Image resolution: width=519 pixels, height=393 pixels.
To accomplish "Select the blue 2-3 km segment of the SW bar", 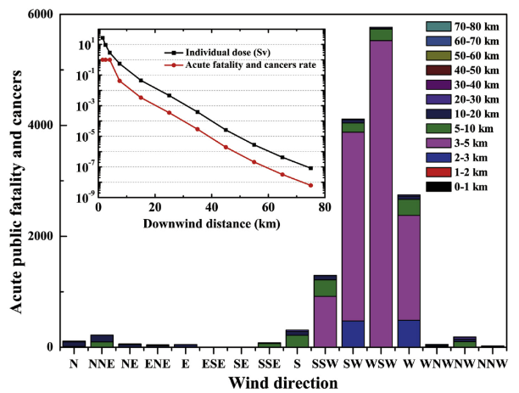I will tap(352, 333).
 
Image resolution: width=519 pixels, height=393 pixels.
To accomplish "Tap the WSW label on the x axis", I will tap(381, 362).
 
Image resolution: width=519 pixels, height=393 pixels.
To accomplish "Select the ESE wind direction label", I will tap(213, 362).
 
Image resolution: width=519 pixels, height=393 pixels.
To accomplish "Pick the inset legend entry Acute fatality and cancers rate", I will tap(232, 64).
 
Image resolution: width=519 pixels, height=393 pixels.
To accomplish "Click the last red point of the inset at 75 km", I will tap(310, 185).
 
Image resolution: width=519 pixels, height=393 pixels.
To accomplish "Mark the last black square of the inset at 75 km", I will tap(310, 168).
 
